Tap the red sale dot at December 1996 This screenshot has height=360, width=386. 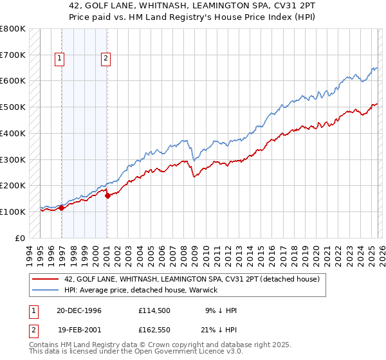[62, 208]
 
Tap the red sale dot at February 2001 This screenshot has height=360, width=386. [107, 195]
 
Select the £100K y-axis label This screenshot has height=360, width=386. [12, 212]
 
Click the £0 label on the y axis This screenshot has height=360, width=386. [20, 238]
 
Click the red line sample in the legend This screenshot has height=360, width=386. [46, 280]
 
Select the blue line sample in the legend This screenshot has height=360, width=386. [46, 291]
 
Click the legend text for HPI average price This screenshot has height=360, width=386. [141, 291]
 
